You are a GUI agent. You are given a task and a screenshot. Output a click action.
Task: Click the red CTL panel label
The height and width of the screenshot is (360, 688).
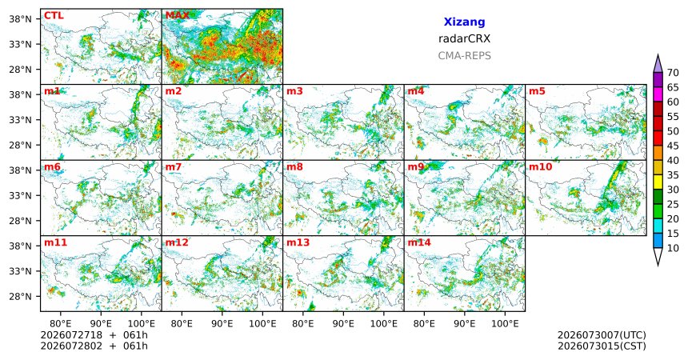point(54,16)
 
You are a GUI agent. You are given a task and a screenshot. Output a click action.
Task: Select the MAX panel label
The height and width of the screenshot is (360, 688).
point(178,16)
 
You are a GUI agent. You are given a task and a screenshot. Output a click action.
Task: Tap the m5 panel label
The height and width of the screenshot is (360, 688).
point(537,91)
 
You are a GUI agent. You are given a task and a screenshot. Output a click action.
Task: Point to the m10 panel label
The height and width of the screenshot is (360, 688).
point(540,167)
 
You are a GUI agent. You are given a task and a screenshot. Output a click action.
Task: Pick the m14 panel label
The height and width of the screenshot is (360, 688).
point(419,242)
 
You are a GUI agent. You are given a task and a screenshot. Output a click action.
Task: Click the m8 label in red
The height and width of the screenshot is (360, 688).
point(295,167)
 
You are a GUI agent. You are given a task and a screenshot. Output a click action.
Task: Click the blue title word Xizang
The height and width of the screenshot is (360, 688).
point(464,22)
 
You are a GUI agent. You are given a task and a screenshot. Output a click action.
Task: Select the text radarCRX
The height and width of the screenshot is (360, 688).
point(464,38)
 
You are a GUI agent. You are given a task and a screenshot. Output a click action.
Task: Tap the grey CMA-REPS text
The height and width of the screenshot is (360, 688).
point(464,56)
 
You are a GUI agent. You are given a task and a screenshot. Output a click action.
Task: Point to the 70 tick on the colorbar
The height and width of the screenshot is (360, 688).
point(673,73)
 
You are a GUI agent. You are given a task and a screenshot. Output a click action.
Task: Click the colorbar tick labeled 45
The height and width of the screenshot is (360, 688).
point(673,146)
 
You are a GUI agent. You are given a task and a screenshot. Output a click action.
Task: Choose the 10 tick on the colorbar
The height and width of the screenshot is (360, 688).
point(673,248)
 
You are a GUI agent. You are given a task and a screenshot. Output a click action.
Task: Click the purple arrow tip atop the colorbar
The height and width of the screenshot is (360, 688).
point(658,54)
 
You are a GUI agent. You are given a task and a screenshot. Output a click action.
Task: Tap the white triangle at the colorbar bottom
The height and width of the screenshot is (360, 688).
point(658,257)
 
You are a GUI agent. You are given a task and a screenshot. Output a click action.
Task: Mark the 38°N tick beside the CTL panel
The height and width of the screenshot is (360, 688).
point(21,19)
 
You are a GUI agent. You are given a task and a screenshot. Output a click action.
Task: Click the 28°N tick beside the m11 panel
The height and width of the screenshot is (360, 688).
point(21,296)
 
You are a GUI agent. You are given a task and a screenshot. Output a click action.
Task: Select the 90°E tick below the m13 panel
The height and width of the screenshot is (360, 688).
point(343,324)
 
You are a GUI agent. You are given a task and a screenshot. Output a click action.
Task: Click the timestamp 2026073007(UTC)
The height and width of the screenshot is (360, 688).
point(602,335)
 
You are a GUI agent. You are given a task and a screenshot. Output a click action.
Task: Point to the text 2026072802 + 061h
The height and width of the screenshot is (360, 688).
point(94,346)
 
